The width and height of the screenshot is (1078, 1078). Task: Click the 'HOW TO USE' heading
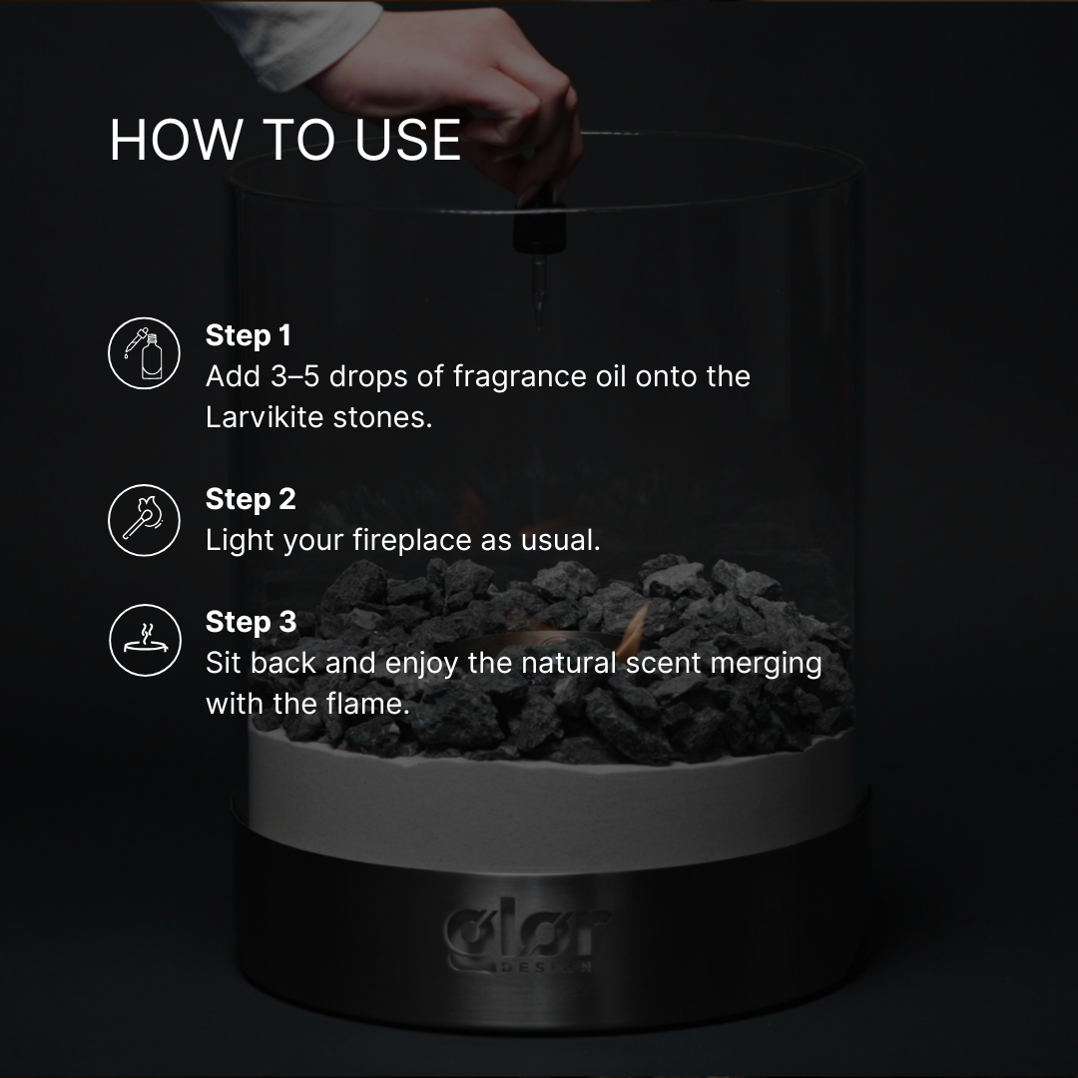(x=285, y=140)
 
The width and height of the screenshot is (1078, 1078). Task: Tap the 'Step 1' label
(x=249, y=335)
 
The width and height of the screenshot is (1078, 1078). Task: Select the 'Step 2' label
(x=251, y=499)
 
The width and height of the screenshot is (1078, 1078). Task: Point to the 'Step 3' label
(x=251, y=622)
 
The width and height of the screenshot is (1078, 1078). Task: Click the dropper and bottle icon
(x=145, y=352)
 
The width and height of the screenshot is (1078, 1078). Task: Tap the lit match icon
(x=145, y=520)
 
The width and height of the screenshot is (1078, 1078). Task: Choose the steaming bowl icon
(x=145, y=640)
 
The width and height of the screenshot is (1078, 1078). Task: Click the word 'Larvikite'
(x=265, y=417)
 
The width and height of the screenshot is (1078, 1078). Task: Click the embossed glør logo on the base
(x=527, y=933)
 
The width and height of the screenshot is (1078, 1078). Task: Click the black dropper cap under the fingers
(x=539, y=225)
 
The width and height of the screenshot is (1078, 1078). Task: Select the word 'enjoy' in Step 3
(x=421, y=664)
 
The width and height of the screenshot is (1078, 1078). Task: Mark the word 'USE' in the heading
(x=407, y=140)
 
